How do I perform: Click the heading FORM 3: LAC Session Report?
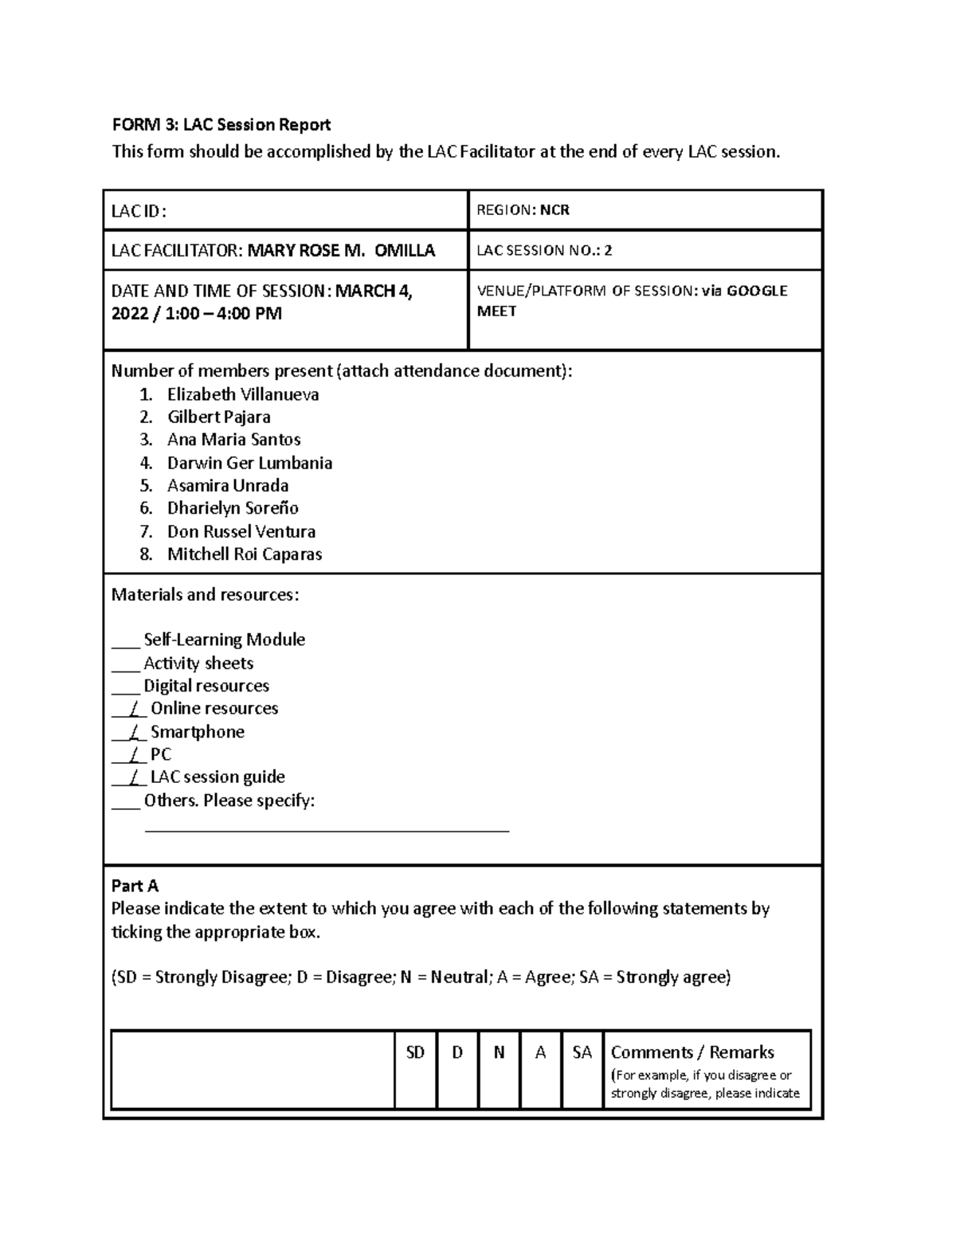click(221, 125)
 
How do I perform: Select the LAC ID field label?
click(139, 211)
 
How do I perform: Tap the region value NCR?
click(554, 210)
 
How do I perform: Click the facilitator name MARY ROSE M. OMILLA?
click(341, 251)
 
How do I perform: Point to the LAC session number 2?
click(608, 251)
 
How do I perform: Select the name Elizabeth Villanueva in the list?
click(243, 394)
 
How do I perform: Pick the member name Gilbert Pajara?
click(218, 417)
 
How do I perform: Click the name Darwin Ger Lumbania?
click(249, 464)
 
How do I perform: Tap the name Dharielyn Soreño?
click(233, 508)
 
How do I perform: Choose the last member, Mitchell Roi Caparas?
click(245, 554)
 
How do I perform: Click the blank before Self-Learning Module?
click(125, 641)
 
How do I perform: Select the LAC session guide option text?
click(217, 777)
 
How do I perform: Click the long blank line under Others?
click(327, 830)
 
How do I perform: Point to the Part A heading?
click(135, 886)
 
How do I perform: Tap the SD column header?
click(415, 1053)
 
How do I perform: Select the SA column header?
click(582, 1053)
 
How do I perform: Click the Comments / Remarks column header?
click(692, 1053)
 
